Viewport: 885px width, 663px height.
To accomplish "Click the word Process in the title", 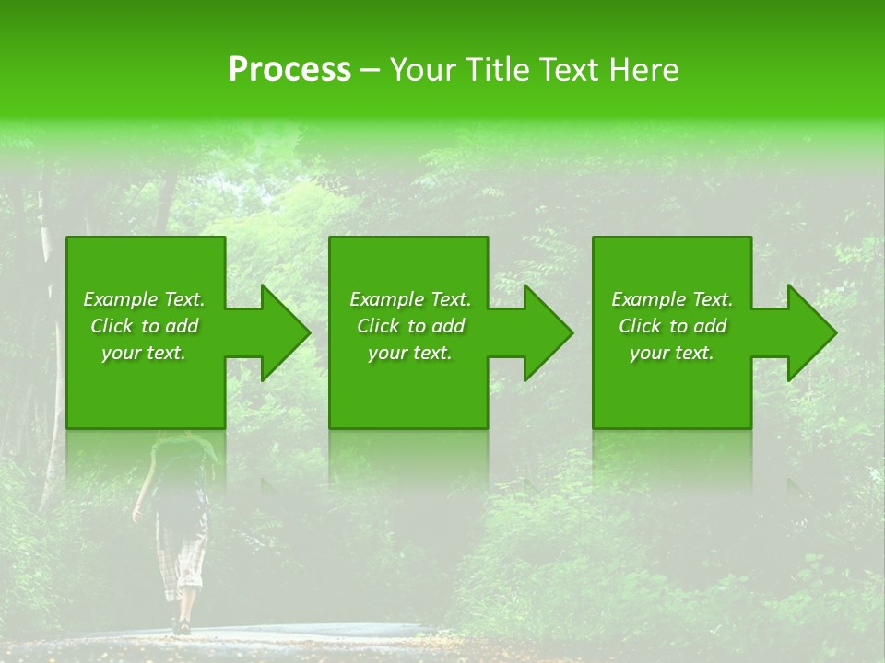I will (289, 70).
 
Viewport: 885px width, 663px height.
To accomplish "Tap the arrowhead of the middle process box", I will (547, 332).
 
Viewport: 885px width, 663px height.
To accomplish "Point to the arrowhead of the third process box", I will (810, 332).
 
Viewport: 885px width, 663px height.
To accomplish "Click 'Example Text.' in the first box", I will (144, 299).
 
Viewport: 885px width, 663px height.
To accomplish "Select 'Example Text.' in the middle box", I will (410, 299).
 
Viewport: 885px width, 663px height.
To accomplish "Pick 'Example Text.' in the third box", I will (672, 299).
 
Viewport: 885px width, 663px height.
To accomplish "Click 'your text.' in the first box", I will (144, 353).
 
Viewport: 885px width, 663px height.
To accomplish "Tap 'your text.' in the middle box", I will (410, 353).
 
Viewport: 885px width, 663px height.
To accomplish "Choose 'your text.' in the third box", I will (672, 353).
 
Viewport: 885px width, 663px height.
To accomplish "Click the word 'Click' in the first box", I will (112, 326).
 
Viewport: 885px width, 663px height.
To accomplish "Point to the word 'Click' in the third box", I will (641, 326).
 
